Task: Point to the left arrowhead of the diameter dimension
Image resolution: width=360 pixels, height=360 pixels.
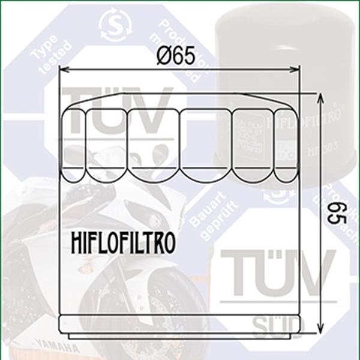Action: pyautogui.click(x=63, y=70)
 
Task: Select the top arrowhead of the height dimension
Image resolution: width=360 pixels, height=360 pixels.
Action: pyautogui.click(x=321, y=97)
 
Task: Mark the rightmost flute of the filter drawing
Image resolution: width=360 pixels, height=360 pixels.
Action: pyautogui.click(x=286, y=144)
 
